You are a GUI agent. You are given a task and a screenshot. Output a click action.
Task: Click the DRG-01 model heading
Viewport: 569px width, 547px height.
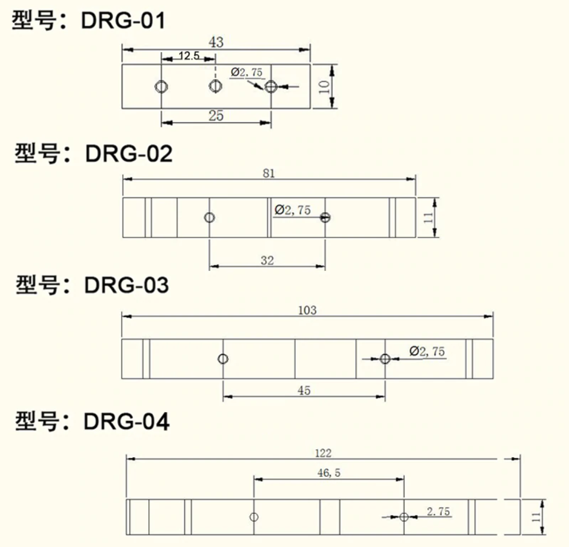(x=89, y=21)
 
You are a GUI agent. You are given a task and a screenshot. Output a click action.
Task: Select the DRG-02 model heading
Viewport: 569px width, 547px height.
(x=93, y=153)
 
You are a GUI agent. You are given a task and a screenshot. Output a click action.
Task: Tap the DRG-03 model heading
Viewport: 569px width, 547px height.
(x=92, y=285)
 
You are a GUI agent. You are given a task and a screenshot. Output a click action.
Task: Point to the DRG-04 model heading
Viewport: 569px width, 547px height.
(x=92, y=422)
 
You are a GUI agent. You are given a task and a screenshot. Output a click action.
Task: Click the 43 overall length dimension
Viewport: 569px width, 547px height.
(x=216, y=42)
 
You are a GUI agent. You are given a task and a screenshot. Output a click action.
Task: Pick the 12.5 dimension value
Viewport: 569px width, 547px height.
(x=189, y=55)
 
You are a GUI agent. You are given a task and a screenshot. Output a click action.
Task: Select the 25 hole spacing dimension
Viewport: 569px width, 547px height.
(x=216, y=115)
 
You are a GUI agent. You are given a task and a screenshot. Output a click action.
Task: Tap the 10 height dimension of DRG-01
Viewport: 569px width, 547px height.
(x=324, y=86)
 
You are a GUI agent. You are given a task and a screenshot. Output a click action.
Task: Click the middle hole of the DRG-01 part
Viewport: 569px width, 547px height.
(x=215, y=86)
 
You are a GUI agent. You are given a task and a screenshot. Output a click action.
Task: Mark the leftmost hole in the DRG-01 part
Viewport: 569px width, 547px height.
(x=161, y=86)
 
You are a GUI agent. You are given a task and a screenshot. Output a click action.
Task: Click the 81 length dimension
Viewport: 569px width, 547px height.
(x=269, y=173)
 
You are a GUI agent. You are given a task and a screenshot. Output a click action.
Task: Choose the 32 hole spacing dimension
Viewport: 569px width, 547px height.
(x=267, y=260)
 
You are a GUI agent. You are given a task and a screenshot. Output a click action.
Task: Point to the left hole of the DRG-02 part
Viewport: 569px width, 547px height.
(x=209, y=218)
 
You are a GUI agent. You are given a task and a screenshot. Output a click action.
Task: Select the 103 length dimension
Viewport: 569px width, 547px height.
(x=307, y=310)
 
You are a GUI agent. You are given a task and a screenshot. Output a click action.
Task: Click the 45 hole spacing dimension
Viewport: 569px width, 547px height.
(x=304, y=390)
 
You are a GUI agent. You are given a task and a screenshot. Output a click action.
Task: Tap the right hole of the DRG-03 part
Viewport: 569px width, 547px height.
(x=385, y=359)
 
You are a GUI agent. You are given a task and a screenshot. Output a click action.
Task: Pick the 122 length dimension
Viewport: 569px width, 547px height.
(x=323, y=453)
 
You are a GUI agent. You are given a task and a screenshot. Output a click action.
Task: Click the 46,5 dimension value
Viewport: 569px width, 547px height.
(x=329, y=473)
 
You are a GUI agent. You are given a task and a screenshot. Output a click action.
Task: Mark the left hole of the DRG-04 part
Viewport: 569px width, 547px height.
(x=254, y=517)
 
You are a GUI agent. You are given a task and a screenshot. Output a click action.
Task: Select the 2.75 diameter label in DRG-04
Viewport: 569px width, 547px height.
(x=438, y=512)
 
